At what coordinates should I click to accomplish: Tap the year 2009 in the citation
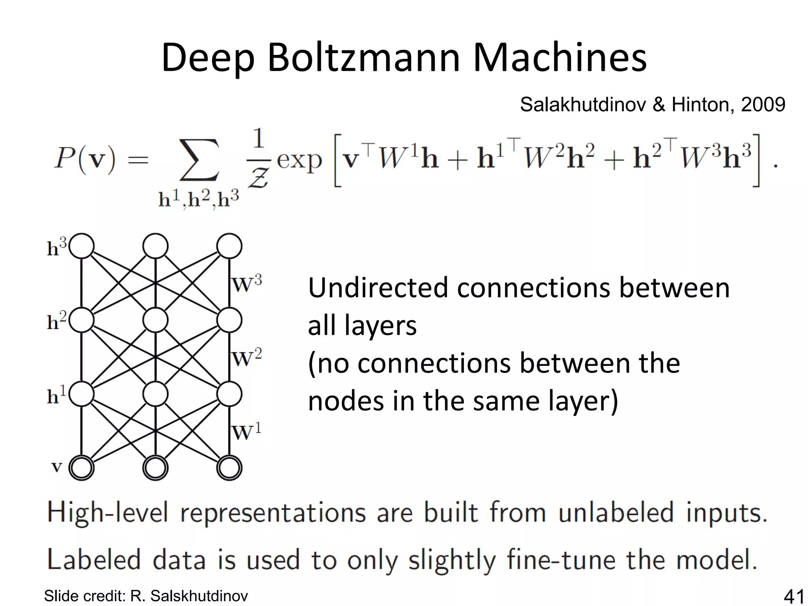click(x=763, y=105)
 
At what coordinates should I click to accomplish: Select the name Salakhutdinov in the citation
click(x=583, y=105)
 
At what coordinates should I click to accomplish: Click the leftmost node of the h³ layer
click(x=82, y=246)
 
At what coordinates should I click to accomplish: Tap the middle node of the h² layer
click(x=155, y=320)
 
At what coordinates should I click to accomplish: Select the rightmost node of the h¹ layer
click(x=229, y=394)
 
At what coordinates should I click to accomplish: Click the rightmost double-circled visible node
click(x=229, y=468)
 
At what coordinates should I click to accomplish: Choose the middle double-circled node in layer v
click(x=155, y=468)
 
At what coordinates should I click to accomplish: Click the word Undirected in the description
click(x=378, y=288)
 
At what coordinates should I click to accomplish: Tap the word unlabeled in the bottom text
click(x=616, y=512)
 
